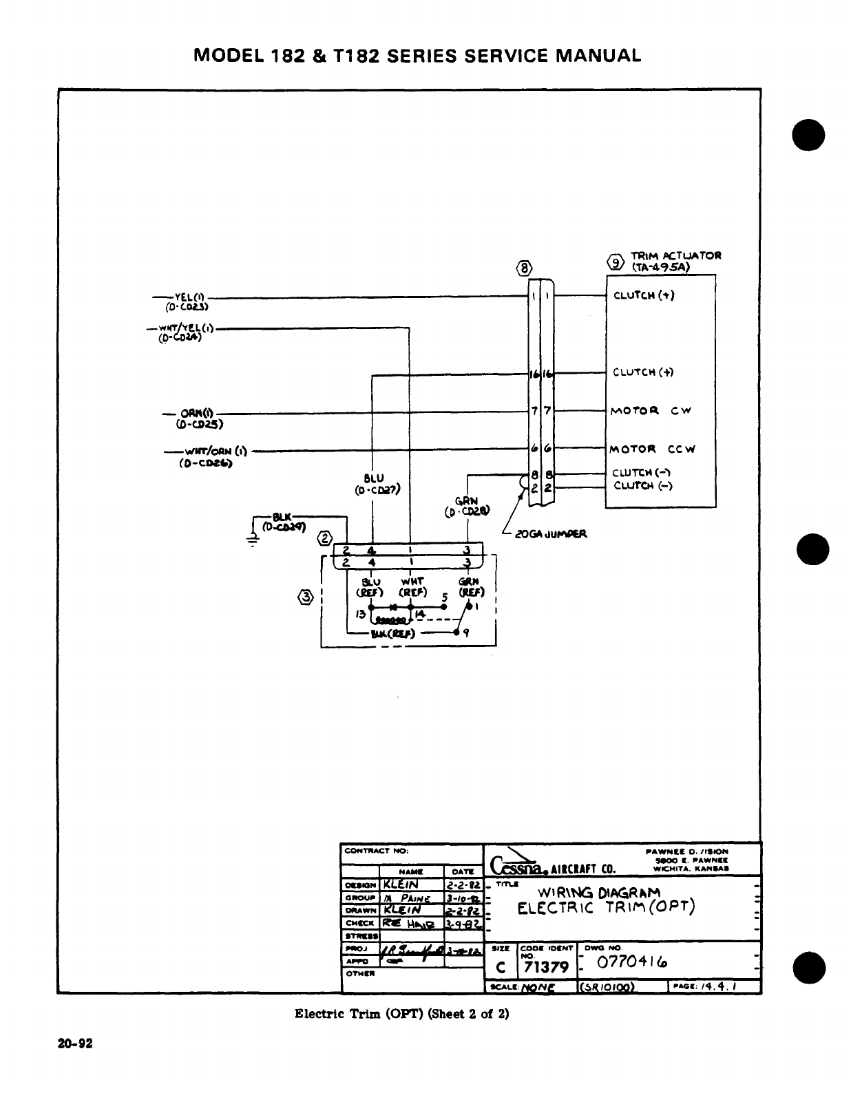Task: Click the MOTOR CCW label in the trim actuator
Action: pyautogui.click(x=651, y=449)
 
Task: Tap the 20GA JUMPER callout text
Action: pyautogui.click(x=549, y=533)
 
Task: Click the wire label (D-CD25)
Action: pyautogui.click(x=200, y=424)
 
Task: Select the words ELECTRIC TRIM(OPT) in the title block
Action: pyautogui.click(x=607, y=908)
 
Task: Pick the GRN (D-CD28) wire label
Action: pyautogui.click(x=467, y=507)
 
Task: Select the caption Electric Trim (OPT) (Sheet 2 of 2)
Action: pyautogui.click(x=401, y=1013)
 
